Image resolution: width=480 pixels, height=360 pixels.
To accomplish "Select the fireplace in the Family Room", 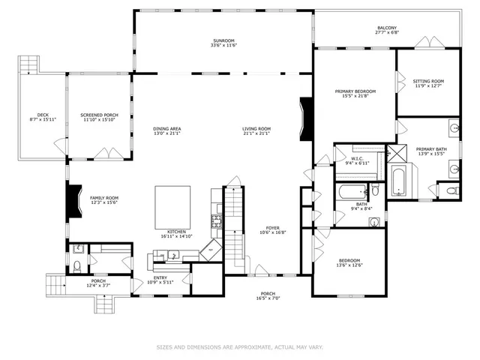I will tap(73, 200).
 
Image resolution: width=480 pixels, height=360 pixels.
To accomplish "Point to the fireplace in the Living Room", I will tap(304, 119).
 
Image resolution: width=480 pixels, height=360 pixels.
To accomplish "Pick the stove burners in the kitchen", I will tap(217, 220).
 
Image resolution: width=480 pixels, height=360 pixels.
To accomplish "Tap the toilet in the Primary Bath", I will tap(449, 192).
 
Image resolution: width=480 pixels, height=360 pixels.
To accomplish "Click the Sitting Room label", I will tap(428, 81).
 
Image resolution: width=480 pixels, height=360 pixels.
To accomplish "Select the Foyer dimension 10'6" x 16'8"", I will tap(273, 233).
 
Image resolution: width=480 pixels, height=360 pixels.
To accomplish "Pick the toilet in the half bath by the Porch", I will tap(77, 267).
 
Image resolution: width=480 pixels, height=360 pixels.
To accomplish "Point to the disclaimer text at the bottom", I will tap(239, 347).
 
